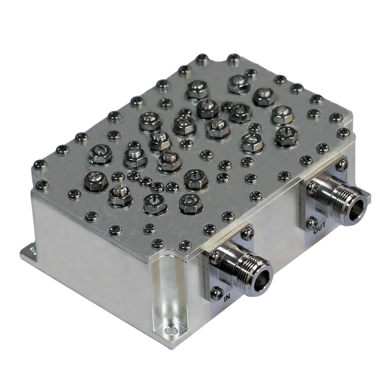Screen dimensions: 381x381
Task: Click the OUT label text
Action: point(318,230)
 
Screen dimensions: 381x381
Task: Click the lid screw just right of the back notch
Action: point(232,58)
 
